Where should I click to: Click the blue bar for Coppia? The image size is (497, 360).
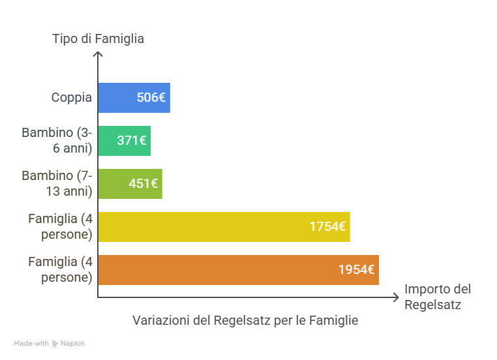[117, 98]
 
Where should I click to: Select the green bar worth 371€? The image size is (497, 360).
[108, 140]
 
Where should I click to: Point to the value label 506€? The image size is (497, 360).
[151, 98]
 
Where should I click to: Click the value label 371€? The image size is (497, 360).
[132, 140]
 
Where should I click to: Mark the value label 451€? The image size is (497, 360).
[143, 183]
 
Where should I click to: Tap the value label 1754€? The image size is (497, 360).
[327, 226]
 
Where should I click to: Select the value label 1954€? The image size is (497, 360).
[356, 269]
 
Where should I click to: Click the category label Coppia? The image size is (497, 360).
[72, 98]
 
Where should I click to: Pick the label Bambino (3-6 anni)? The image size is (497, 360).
[57, 140]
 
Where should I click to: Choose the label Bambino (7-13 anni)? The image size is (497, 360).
[57, 183]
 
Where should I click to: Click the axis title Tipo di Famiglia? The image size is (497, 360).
[98, 39]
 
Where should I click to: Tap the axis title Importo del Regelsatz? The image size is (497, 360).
[437, 297]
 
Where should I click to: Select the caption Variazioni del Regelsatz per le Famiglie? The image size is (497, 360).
[245, 321]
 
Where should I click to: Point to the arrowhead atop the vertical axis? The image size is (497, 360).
[98, 55]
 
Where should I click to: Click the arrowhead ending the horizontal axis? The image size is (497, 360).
[395, 297]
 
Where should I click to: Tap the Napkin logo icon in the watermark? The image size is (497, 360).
[55, 344]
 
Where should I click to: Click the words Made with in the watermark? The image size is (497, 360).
[31, 344]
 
